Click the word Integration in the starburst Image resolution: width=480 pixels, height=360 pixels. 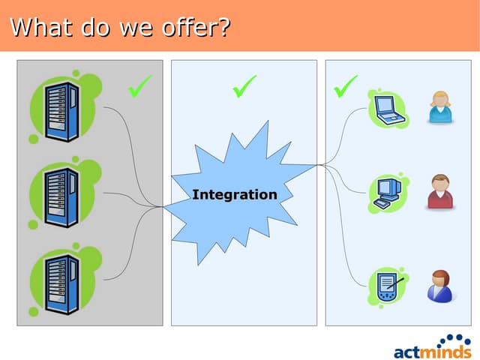point(235,195)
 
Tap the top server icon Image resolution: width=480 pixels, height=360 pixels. point(61,112)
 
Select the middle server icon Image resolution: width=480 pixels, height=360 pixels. point(61,197)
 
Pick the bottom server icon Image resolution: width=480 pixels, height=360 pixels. point(62,284)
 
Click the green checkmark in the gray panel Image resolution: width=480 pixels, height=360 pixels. point(140,87)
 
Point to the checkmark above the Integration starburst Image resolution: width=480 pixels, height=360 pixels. point(244,87)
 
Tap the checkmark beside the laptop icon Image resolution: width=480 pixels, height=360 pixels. point(345,87)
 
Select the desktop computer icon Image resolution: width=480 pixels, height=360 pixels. point(388,193)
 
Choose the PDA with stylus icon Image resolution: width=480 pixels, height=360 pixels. point(388,286)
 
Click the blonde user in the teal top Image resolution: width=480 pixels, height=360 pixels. point(440,107)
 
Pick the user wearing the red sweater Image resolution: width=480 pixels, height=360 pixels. point(440,192)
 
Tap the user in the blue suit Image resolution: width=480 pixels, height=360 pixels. point(440,286)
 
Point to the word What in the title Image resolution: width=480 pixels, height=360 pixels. point(41,27)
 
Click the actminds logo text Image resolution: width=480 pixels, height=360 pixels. point(433,352)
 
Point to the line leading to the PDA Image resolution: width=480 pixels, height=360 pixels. point(343,226)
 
